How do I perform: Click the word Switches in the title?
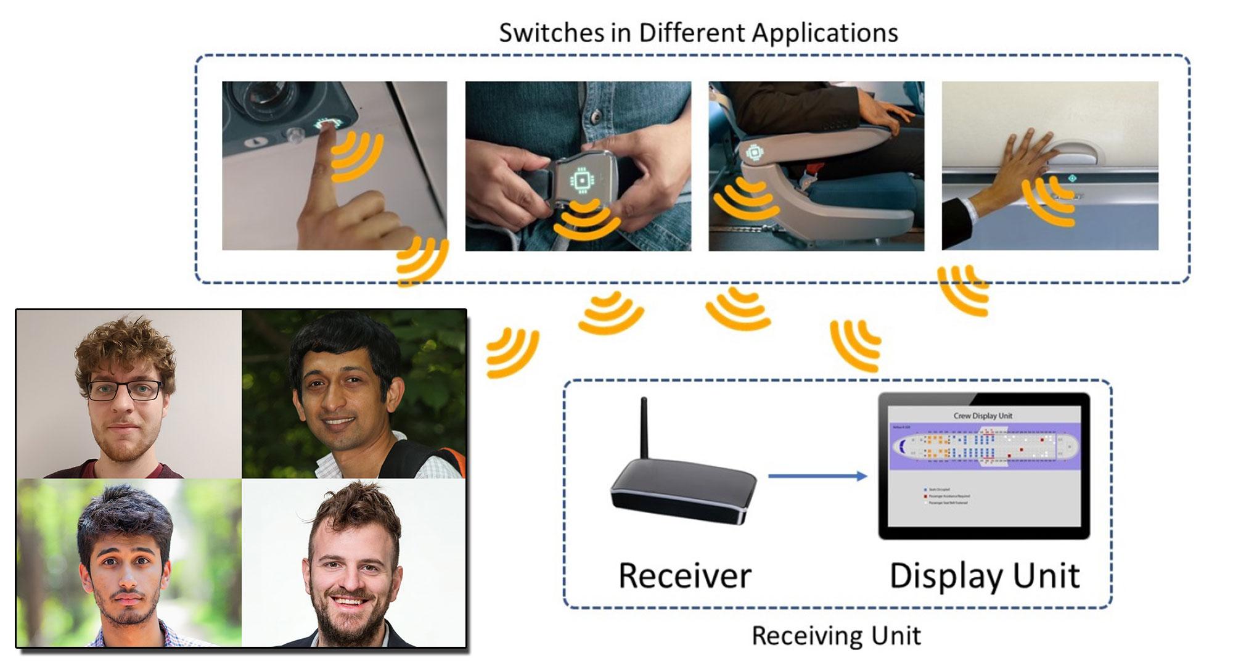point(551,33)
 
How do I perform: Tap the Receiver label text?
point(684,576)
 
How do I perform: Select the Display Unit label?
point(984,576)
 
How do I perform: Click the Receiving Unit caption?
point(836,636)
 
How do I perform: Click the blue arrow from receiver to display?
point(817,476)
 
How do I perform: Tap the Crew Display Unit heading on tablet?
point(983,416)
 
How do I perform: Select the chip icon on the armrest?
point(753,152)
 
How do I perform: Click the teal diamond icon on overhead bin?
point(1072,178)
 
